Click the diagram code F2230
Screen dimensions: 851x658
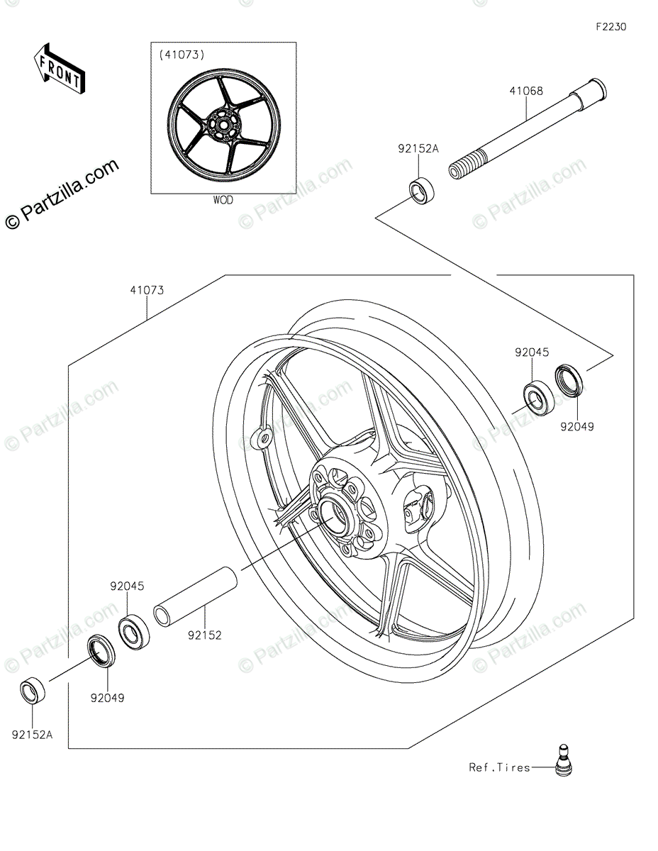pos(610,27)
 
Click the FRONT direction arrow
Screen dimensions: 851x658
pos(59,69)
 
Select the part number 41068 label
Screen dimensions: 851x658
pos(525,91)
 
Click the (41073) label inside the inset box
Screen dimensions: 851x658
pos(182,54)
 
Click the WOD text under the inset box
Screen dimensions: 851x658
pos(223,200)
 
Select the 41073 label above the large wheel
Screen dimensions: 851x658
pos(147,290)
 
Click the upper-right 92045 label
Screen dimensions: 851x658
pos(532,352)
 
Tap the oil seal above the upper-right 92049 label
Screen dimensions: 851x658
pos(570,379)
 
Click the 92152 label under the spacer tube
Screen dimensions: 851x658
pos(205,635)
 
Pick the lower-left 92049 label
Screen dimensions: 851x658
pos(107,697)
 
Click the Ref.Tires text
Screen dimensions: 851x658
pos(499,767)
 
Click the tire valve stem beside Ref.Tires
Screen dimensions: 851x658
pos(563,759)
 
